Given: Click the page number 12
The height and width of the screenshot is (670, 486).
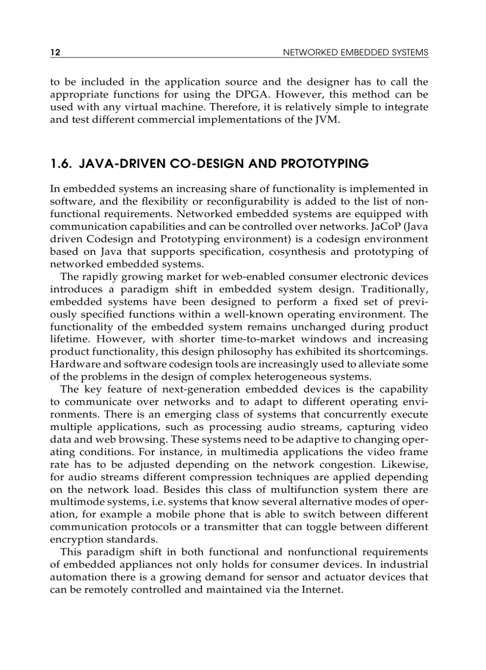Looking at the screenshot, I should pos(55,53).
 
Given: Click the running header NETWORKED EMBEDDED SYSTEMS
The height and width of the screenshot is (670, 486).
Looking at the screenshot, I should pos(355,53).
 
